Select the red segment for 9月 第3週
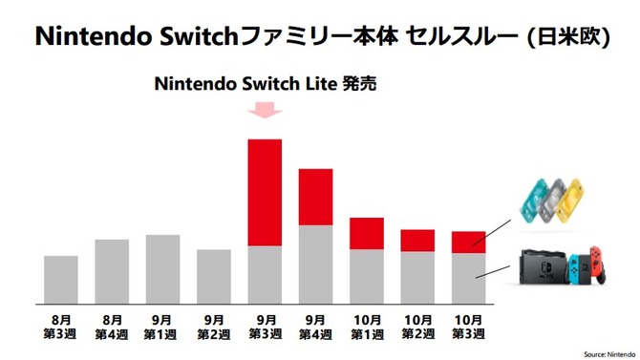(265, 192)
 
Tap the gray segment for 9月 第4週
(315, 264)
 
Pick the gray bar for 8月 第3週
(61, 279)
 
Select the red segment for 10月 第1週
(367, 233)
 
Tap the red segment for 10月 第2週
(417, 241)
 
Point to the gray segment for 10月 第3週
(468, 277)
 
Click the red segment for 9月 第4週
(315, 197)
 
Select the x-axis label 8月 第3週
(61, 324)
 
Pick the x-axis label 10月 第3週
(468, 324)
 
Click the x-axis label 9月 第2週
(214, 324)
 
